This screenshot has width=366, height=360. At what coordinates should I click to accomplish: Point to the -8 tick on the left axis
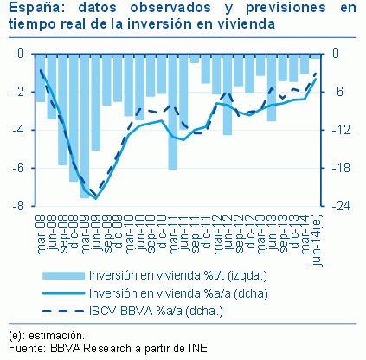28,206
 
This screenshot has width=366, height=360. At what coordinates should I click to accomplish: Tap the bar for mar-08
41,78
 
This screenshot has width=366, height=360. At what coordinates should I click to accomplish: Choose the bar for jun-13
272,87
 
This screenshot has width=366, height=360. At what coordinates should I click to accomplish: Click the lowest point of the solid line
95,198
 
